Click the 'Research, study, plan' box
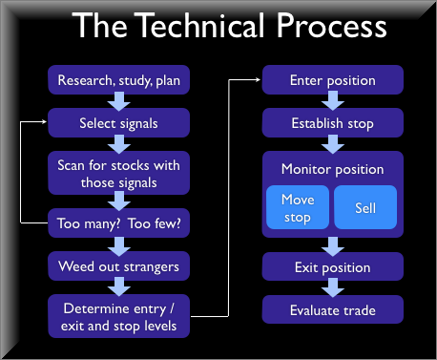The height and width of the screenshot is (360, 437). pyautogui.click(x=118, y=79)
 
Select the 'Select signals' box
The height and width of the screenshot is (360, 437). pyautogui.click(x=118, y=122)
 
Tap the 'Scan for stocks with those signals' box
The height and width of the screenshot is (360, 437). pyautogui.click(x=118, y=172)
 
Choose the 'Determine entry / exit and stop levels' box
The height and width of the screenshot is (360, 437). pyautogui.click(x=118, y=316)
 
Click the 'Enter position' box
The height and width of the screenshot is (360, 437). pyautogui.click(x=332, y=79)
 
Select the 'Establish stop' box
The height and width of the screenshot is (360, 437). pyautogui.click(x=332, y=122)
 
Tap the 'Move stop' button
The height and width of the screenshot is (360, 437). pyautogui.click(x=297, y=207)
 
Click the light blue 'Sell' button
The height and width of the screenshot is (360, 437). pyautogui.click(x=364, y=207)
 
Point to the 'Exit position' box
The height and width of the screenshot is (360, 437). pyautogui.click(x=332, y=267)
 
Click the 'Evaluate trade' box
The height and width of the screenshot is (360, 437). pyautogui.click(x=332, y=309)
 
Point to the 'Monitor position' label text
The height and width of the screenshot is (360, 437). pyautogui.click(x=332, y=169)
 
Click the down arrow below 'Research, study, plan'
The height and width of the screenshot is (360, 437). pyautogui.click(x=118, y=100)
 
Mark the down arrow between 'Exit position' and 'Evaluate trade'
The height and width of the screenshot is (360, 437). pyautogui.click(x=332, y=288)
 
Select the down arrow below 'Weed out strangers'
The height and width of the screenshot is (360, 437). pyautogui.click(x=118, y=286)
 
